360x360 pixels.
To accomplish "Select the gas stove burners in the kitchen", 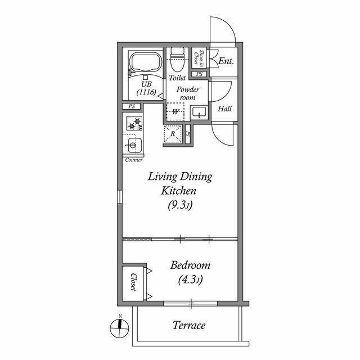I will (134, 123).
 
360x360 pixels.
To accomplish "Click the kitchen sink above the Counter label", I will (133, 146).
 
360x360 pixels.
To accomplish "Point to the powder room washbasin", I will (199, 112).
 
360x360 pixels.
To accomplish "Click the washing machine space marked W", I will (176, 111).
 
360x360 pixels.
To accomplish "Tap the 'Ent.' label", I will (226, 61).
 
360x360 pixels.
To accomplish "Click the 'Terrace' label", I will (188, 325).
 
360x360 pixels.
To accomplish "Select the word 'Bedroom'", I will (190, 265).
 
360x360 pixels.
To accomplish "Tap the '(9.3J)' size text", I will (180, 205).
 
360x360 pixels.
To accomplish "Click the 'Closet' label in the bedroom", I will (133, 282).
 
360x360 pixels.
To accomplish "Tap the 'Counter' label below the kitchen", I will (133, 160).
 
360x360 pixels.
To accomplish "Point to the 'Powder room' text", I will (187, 93).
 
